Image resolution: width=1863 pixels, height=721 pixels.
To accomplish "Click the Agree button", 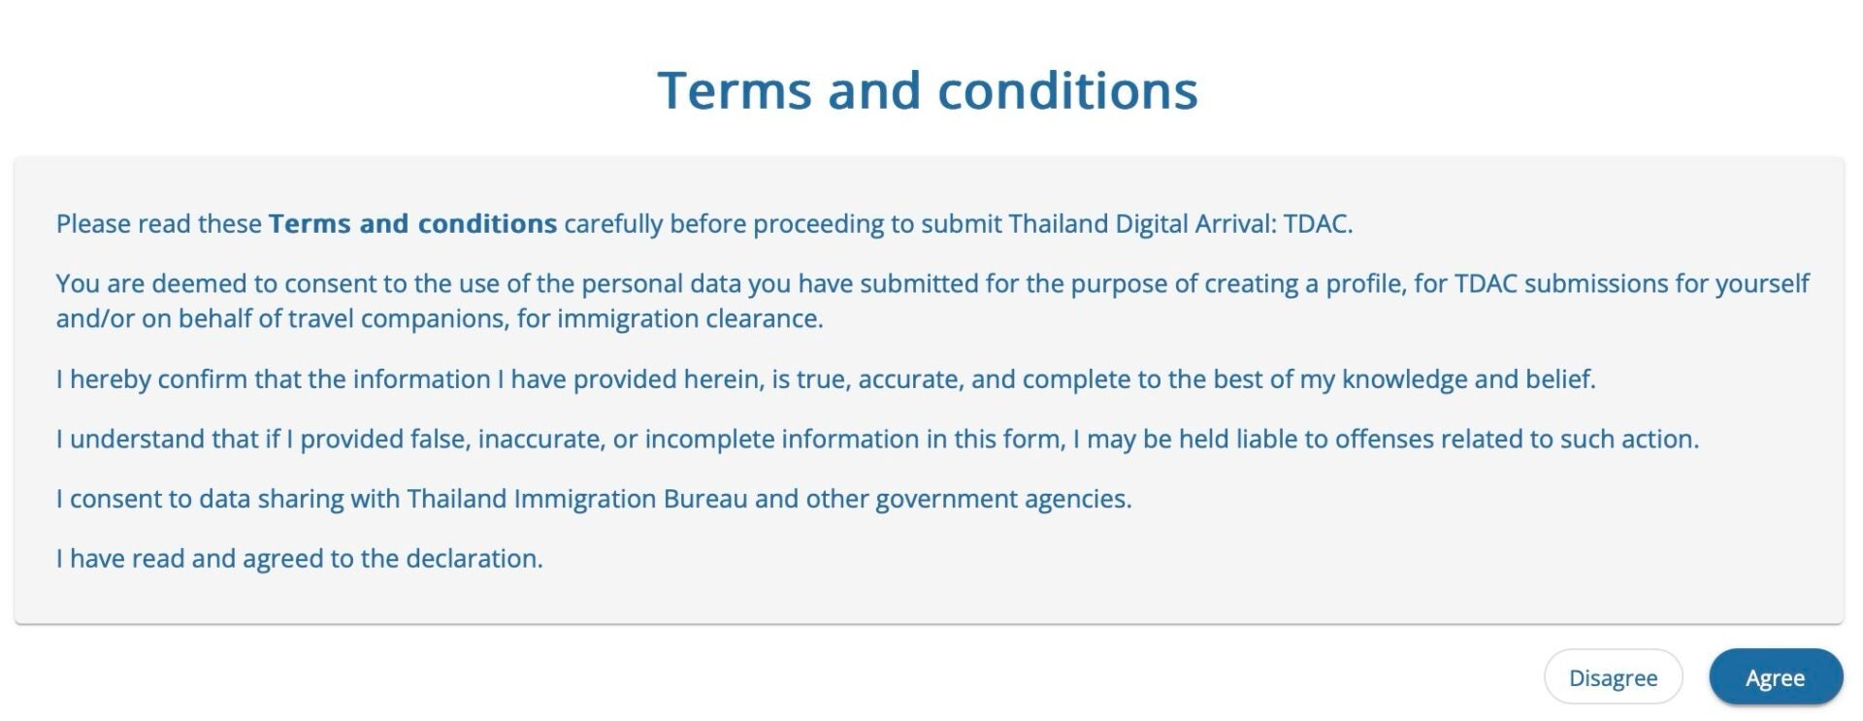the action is (1776, 676).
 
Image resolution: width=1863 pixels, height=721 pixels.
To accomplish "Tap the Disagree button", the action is (1613, 676).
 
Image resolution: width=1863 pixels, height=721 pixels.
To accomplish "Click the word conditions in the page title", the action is (1067, 91).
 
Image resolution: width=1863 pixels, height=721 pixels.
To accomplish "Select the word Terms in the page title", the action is (735, 91).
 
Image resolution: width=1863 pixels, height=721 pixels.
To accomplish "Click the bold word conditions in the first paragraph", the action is (487, 223).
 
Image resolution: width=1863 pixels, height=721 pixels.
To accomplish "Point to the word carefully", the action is (613, 224).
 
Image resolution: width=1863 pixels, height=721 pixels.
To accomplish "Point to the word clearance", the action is (764, 318).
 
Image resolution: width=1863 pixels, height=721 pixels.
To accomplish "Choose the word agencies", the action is (1079, 500).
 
